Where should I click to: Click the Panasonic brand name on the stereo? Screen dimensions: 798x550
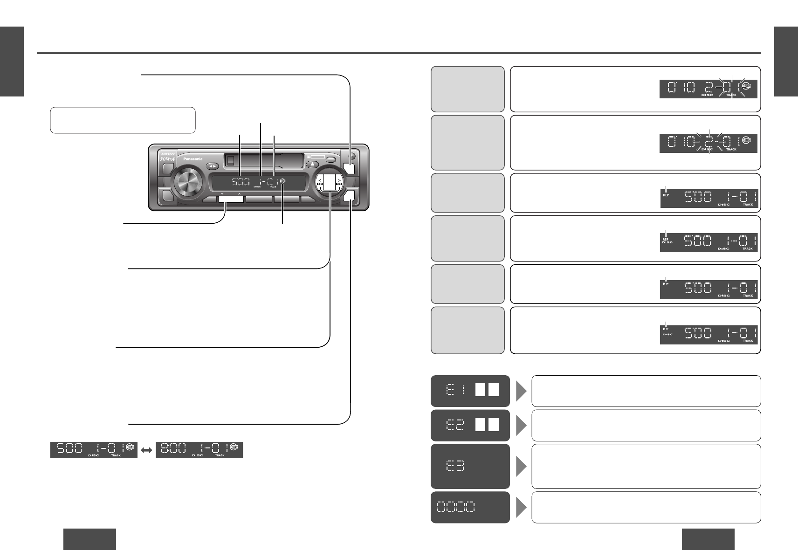click(x=193, y=159)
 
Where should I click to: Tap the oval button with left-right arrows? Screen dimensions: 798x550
click(x=213, y=165)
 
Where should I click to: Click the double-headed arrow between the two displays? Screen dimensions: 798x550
click(x=147, y=450)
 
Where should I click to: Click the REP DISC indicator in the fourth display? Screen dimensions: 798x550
click(x=666, y=241)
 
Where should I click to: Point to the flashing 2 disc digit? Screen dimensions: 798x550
click(x=709, y=141)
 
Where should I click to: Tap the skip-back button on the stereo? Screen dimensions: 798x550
click(x=320, y=184)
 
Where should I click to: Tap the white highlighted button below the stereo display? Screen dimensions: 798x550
click(x=230, y=200)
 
